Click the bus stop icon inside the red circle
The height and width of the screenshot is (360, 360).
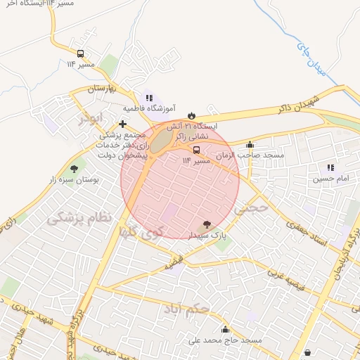(x=196, y=150)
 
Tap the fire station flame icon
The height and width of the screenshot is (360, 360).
(x=191, y=112)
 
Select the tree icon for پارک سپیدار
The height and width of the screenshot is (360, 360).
(x=205, y=223)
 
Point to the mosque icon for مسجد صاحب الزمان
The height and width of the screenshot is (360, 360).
(x=250, y=144)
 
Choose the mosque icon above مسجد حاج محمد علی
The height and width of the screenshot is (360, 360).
(x=225, y=329)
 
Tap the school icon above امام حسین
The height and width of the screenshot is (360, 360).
(x=330, y=167)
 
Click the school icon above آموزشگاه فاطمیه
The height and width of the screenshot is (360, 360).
(x=148, y=98)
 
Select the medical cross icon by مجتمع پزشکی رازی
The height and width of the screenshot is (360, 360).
(x=122, y=124)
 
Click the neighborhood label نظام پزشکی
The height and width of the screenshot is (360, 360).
(x=79, y=218)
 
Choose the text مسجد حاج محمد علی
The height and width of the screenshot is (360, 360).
(x=225, y=340)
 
